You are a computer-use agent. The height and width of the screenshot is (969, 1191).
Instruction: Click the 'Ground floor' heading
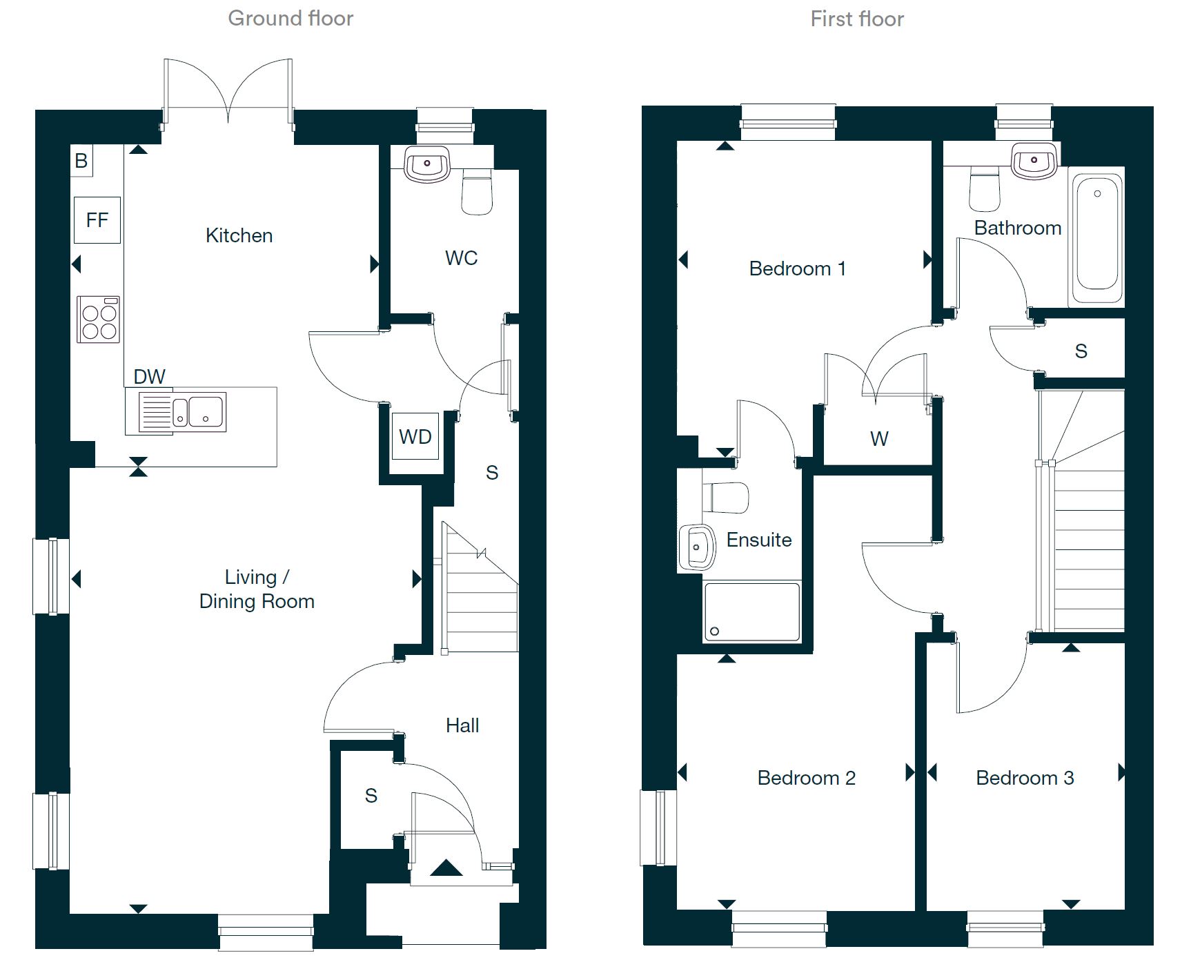point(291,19)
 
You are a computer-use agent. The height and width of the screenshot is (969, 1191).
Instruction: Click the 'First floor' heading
point(857,19)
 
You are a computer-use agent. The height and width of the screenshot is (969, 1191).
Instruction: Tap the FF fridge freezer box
point(97,220)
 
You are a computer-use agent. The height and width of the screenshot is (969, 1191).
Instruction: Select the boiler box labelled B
point(81,161)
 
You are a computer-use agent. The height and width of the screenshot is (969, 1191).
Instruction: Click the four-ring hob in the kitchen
point(99,320)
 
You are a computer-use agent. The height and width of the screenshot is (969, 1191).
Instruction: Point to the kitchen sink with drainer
point(182,412)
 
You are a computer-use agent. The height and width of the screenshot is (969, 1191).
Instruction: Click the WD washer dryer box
point(415,437)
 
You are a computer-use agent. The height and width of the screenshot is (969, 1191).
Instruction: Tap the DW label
point(149,377)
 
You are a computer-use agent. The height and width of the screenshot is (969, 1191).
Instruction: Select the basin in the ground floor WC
point(427,164)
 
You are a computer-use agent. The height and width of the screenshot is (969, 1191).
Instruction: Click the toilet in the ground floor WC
point(477,193)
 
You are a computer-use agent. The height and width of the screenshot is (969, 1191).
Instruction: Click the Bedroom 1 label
point(797,268)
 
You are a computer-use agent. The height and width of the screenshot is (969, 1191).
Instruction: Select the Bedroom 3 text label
point(1025,779)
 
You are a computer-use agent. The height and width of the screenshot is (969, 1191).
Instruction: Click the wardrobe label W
point(879,439)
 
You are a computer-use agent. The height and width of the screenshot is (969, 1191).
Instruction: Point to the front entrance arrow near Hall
point(446,868)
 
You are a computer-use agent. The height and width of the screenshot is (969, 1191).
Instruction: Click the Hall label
point(462,725)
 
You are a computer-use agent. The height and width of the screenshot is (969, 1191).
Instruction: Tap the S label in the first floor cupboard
point(1081,351)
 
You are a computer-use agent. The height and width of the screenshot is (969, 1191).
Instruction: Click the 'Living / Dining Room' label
point(257,589)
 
